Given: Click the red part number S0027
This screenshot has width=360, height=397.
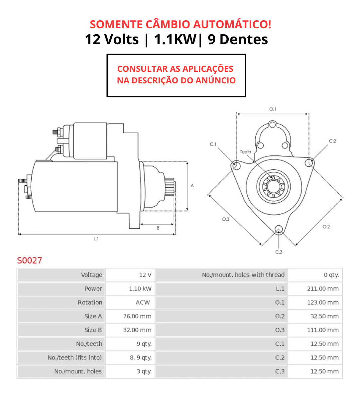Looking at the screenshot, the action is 29,260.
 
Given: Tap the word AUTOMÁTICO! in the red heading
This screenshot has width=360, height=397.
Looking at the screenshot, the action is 232,24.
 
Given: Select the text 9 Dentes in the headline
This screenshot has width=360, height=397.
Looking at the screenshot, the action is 238,40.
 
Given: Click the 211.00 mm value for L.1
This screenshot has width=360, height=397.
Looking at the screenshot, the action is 323,289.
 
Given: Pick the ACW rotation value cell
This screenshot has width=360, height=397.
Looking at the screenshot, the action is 143,302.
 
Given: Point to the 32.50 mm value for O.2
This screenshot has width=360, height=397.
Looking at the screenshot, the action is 324,316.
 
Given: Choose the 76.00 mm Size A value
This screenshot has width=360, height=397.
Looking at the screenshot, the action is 137,316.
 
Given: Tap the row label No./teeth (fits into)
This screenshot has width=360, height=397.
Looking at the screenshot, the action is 75,357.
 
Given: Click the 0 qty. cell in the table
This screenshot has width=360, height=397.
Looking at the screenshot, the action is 331,275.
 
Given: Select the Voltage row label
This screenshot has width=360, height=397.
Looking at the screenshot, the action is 92,275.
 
